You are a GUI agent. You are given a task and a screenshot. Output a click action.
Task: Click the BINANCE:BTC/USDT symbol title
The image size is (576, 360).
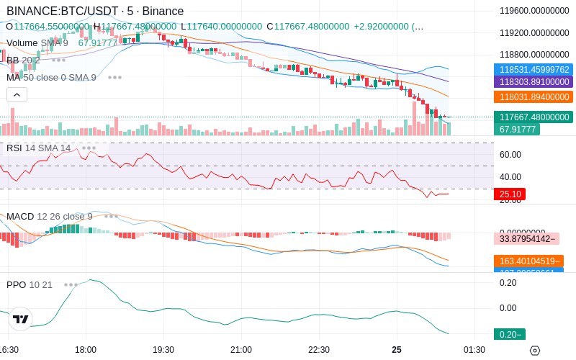[x=63, y=12]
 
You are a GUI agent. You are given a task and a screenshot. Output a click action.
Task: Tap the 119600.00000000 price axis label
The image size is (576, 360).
[x=534, y=11]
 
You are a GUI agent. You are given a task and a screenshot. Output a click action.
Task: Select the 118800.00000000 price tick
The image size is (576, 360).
[x=534, y=55]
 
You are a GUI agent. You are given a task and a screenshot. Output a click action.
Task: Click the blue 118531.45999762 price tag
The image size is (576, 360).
[x=534, y=70]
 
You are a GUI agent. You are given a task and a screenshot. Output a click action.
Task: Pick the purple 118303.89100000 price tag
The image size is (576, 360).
[x=534, y=82]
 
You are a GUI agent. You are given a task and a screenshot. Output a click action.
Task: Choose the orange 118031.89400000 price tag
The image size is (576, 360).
[x=534, y=96]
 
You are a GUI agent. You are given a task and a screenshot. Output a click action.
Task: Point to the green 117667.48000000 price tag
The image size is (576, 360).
[x=534, y=117]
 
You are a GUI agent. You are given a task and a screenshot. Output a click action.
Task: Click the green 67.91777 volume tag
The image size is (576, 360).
[x=518, y=130]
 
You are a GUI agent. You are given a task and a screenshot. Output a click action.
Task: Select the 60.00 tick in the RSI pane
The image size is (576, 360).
[x=510, y=154]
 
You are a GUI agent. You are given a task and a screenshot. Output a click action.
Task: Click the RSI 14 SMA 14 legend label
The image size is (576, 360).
[x=39, y=148]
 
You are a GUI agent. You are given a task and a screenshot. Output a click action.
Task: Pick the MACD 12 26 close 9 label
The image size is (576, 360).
[x=50, y=216]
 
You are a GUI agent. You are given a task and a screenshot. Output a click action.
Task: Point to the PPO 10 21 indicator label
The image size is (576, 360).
[x=30, y=284]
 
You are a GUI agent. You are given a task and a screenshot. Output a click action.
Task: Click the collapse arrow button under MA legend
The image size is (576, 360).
[x=17, y=94]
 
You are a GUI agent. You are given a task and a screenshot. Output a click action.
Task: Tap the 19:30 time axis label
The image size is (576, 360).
[x=163, y=350]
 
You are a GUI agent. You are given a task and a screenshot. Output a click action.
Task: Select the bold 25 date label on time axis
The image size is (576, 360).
[x=397, y=350]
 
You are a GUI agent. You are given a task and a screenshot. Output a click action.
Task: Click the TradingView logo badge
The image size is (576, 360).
[x=21, y=319]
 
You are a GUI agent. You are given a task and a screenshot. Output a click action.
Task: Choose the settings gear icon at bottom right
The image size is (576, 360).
[x=534, y=350]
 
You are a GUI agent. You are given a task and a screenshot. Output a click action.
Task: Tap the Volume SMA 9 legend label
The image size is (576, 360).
[x=37, y=43]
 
